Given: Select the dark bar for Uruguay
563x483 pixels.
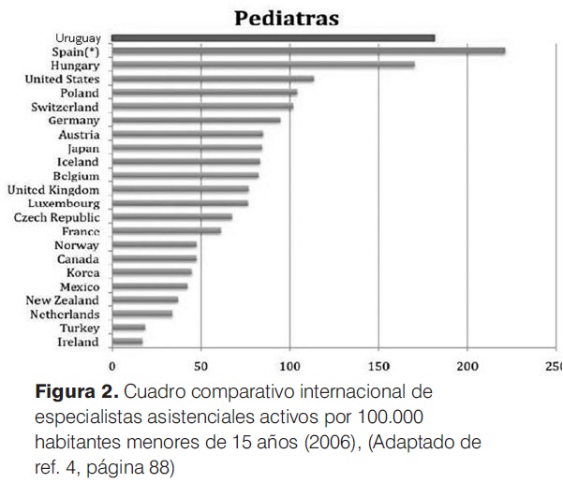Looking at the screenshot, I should tap(273, 37).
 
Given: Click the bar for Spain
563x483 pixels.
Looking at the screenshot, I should tap(308, 51).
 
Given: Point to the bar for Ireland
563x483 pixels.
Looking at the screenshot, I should tap(127, 343).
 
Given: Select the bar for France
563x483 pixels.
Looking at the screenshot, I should tap(167, 231).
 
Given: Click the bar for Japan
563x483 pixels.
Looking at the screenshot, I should tap(187, 148).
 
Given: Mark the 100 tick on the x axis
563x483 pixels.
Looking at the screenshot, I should tap(289, 366).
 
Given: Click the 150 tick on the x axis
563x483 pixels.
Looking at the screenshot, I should tap(378, 366).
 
